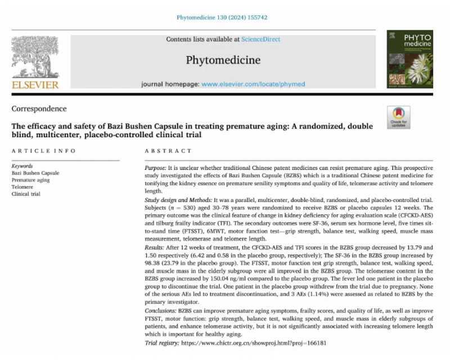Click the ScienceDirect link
point(260,39)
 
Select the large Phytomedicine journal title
point(223,60)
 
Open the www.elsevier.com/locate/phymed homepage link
point(253,84)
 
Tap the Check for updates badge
point(398,117)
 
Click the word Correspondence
point(39,109)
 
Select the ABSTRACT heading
point(168,151)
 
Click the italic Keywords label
point(22,166)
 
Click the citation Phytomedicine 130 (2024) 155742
point(222,17)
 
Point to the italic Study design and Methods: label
point(178,200)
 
